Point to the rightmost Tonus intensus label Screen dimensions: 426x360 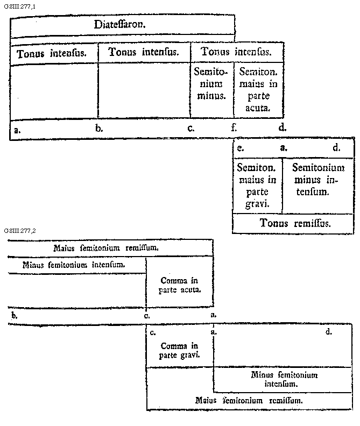tap(236, 52)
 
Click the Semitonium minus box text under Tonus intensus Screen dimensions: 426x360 tap(211, 83)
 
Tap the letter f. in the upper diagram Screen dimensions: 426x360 tap(234, 128)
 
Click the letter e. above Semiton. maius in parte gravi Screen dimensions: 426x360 tap(241, 146)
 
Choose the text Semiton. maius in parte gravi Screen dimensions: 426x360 tap(257, 184)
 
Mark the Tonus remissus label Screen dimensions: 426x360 tap(295, 223)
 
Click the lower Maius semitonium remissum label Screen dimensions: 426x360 tap(249, 400)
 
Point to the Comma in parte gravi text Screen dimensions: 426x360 tap(180, 350)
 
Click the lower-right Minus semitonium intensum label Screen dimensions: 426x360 tap(284, 379)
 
